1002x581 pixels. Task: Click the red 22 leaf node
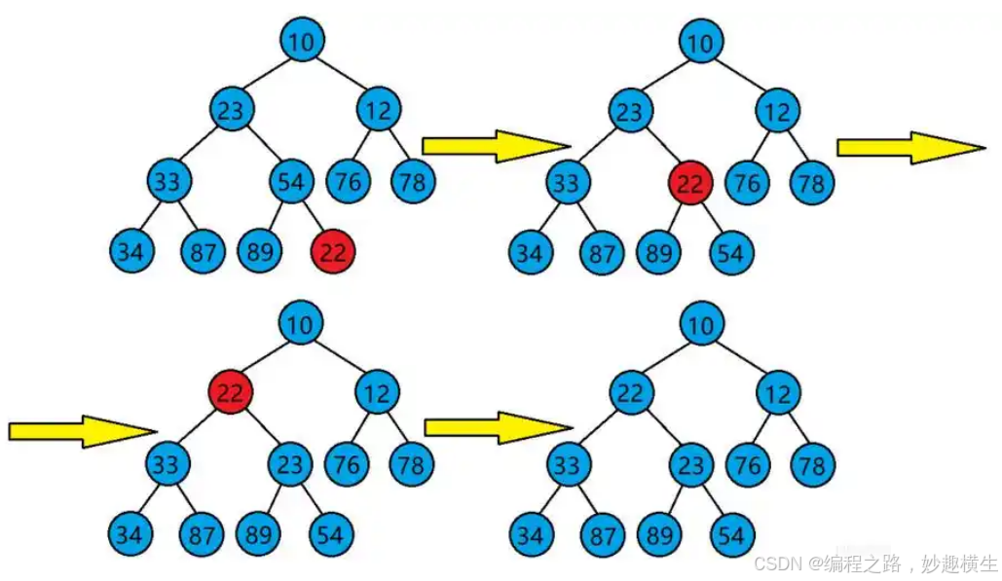[x=333, y=252]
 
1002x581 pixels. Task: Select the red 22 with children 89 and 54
[x=690, y=182]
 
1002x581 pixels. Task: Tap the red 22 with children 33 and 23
[x=231, y=392]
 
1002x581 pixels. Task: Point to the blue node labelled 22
[x=631, y=392]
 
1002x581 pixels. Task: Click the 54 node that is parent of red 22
[x=290, y=182]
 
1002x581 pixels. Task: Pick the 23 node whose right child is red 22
[x=630, y=112]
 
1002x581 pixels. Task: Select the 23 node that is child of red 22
[x=289, y=464]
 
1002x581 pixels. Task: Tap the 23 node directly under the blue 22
[x=690, y=464]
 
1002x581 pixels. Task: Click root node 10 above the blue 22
[x=701, y=325]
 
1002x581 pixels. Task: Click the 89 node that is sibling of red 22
[x=259, y=252]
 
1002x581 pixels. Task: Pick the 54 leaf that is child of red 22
[x=730, y=252]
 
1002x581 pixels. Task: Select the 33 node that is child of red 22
[x=167, y=464]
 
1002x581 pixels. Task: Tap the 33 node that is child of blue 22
[x=567, y=464]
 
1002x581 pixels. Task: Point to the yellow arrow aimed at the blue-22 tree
[x=497, y=427]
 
